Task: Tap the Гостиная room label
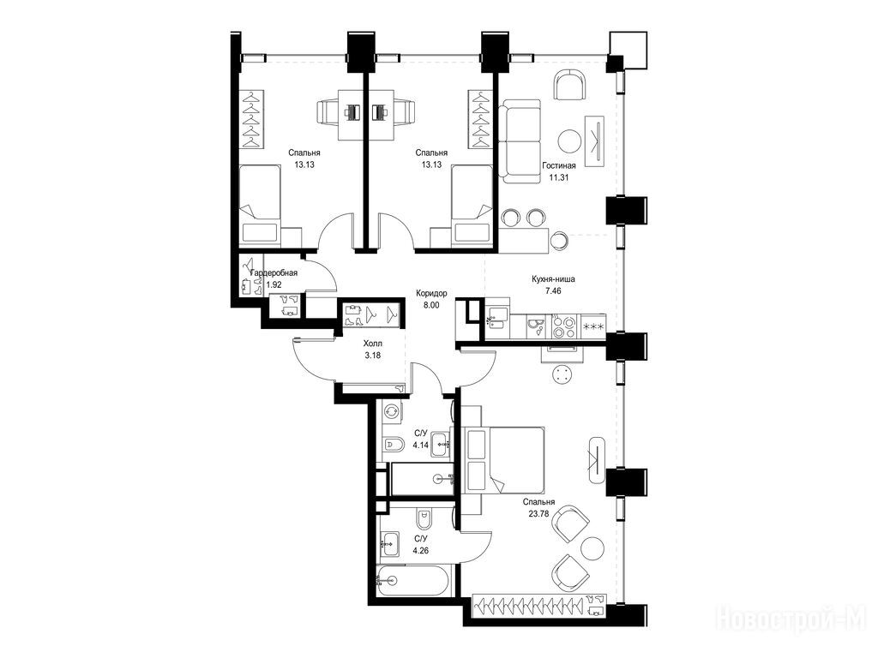pos(558,165)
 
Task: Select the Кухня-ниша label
pos(553,278)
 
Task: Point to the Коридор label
pos(431,293)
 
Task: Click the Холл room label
pos(372,343)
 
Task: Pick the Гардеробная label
pos(274,273)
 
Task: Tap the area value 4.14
pos(420,446)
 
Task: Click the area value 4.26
pos(420,550)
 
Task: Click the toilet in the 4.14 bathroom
pos(394,445)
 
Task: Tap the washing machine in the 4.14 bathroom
pos(391,411)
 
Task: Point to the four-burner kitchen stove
pos(563,326)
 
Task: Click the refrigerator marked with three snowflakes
pos(592,326)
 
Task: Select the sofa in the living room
pos(520,141)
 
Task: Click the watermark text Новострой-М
pos(791,619)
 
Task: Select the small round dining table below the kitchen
pos(562,374)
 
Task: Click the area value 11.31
pos(558,177)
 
